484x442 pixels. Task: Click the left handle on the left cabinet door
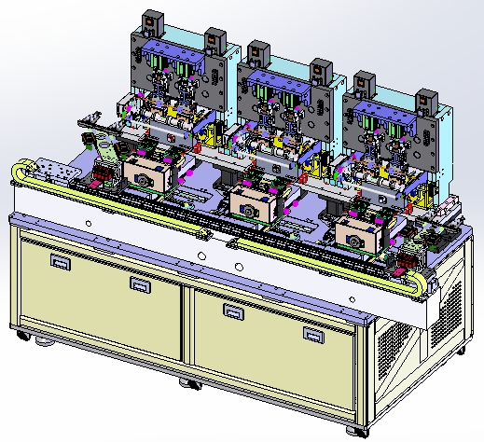click(x=62, y=264)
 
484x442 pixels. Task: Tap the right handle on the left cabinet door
click(x=139, y=284)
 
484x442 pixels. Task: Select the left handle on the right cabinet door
click(x=232, y=309)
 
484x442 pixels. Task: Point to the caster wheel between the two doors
click(x=187, y=383)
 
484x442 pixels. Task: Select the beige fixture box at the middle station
click(x=251, y=201)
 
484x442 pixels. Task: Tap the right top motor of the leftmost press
click(x=214, y=42)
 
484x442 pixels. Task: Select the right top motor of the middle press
click(x=321, y=71)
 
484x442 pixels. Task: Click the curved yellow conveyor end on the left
click(x=21, y=173)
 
